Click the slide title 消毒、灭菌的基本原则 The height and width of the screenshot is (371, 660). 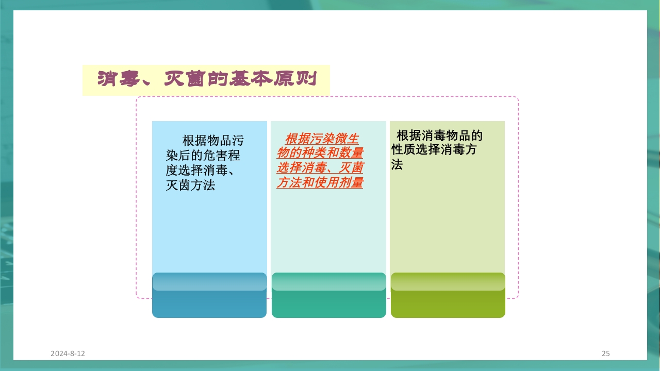coord(206,79)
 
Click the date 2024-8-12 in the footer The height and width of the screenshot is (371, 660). coord(68,353)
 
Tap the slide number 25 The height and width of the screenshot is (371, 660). coord(605,353)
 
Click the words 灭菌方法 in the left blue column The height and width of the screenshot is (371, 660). coord(190,185)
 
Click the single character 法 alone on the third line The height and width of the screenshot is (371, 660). coord(397,165)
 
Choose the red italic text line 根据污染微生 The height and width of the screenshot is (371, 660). coord(322,139)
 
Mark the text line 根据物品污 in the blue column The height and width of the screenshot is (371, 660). coord(213,141)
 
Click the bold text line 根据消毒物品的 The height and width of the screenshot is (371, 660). coord(439,136)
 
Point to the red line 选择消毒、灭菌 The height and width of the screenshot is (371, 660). coord(320,168)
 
